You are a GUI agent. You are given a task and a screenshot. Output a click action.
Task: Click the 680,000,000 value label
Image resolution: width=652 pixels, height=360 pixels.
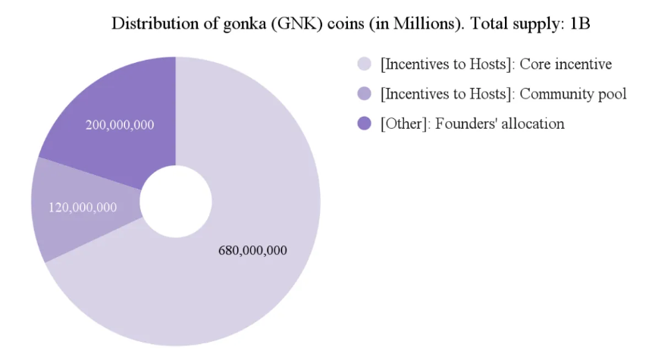point(252,250)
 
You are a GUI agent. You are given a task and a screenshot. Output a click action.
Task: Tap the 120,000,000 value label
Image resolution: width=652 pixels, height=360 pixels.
point(83,207)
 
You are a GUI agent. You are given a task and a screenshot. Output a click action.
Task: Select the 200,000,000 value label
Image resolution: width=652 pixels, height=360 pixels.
point(120,124)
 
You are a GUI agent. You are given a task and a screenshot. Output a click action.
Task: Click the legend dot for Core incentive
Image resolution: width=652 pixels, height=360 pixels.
point(364,64)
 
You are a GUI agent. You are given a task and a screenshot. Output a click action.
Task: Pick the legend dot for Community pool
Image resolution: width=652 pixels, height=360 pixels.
point(364,94)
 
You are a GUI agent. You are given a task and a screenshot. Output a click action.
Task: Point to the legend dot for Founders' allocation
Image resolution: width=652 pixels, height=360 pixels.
point(364,124)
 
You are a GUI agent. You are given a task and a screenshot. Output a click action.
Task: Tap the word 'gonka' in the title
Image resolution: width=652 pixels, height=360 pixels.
point(236,23)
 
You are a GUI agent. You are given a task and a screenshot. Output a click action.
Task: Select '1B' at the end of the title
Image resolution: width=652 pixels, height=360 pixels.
point(579,23)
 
